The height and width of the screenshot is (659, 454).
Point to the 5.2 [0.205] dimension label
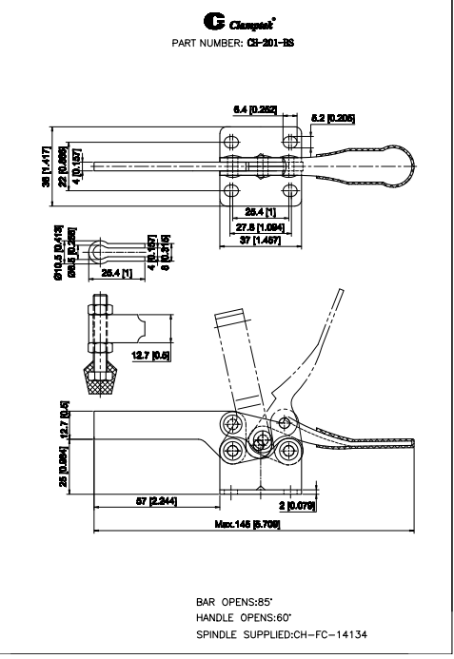tap(337, 119)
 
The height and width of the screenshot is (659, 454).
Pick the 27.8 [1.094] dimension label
tap(259, 229)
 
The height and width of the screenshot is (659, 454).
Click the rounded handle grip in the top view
tap(376, 166)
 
